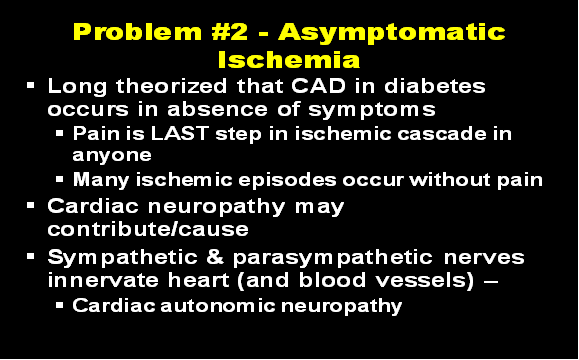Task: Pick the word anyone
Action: click(111, 155)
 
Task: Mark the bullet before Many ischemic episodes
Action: click(61, 180)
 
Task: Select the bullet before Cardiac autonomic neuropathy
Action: click(61, 305)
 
